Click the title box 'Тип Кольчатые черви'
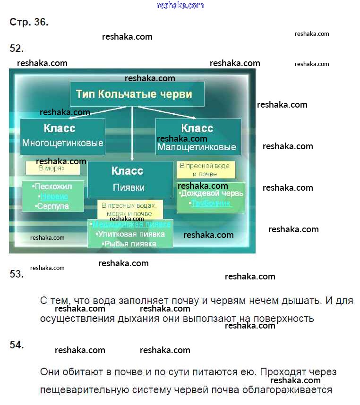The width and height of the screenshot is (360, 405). click(x=137, y=94)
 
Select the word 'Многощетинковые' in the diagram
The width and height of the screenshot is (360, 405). click(x=62, y=143)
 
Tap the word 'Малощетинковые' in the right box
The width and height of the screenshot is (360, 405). click(x=197, y=147)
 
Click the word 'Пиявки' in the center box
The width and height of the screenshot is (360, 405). click(x=129, y=187)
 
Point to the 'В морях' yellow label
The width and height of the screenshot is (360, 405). click(x=52, y=168)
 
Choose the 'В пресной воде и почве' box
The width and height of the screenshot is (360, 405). click(x=206, y=170)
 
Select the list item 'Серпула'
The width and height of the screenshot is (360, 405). click(x=52, y=206)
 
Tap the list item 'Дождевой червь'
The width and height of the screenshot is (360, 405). click(x=212, y=193)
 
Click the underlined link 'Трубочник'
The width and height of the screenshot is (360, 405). click(x=211, y=203)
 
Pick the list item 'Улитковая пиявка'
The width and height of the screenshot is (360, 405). click(x=130, y=234)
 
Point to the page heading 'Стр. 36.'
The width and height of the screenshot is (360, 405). click(x=29, y=22)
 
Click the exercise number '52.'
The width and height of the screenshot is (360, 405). click(x=17, y=48)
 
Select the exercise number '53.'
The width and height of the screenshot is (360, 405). click(x=17, y=274)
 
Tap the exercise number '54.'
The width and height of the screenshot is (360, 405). click(x=17, y=345)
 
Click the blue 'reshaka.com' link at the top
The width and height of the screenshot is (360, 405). click(x=180, y=5)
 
